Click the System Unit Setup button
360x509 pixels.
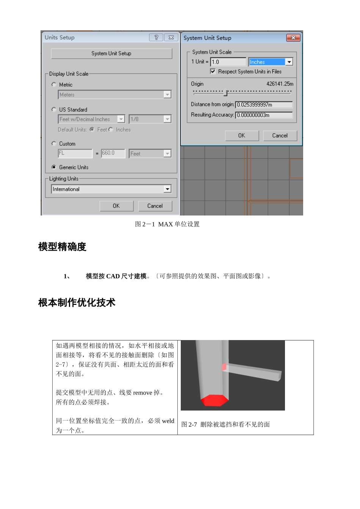tap(111, 53)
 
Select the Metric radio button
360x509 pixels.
tap(54, 84)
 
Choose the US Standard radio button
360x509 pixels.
tap(54, 109)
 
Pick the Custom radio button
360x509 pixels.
tap(54, 144)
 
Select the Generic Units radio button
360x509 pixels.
tap(54, 167)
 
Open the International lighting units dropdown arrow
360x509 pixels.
tap(167, 189)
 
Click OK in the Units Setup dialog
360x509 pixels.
tap(116, 206)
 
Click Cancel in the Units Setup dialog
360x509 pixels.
tap(155, 206)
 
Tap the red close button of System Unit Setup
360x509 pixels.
tap(293, 38)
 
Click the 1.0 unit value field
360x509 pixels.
tap(228, 62)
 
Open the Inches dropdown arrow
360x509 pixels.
tap(289, 62)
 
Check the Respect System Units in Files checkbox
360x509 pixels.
tap(213, 71)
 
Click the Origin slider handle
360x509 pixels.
tap(225, 92)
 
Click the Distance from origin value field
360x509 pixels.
tap(264, 105)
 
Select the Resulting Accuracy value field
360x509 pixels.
tap(264, 115)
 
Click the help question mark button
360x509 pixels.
tap(156, 37)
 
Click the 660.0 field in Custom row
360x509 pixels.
tap(113, 153)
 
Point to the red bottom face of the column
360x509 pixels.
tap(214, 400)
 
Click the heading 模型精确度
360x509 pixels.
tap(63, 247)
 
